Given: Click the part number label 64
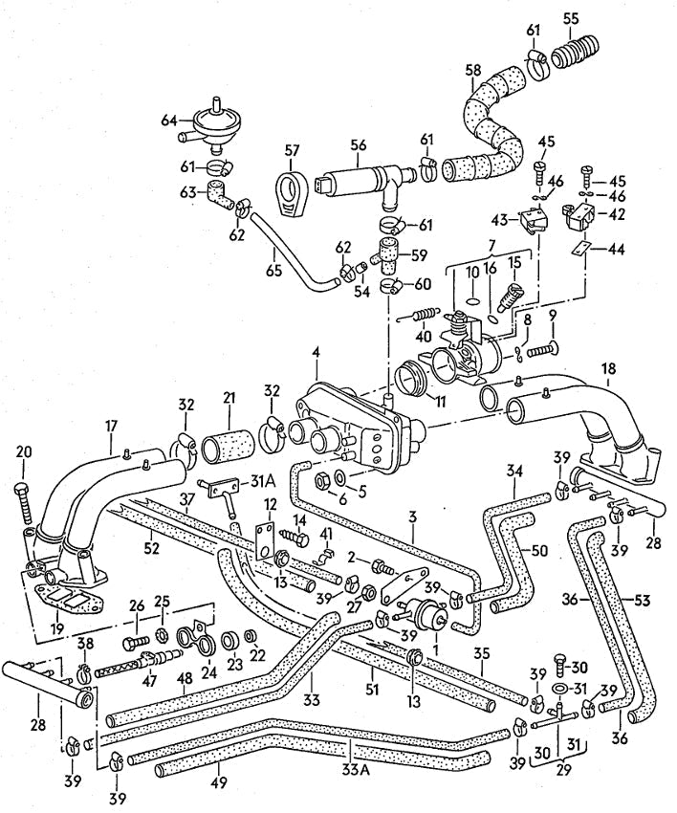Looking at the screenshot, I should pos(167,120).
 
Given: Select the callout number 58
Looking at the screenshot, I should pos(472,71).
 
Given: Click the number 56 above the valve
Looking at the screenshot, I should pos(358,145).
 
